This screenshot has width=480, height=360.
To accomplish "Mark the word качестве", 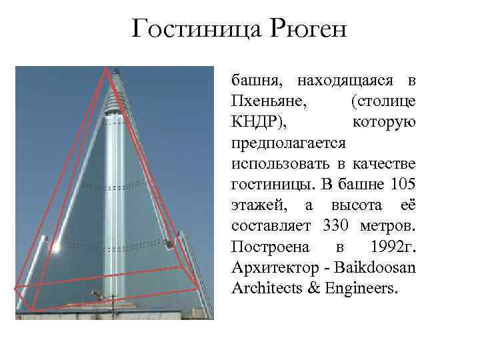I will pos(383,164).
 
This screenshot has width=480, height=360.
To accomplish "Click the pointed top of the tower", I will pos(116,69).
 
